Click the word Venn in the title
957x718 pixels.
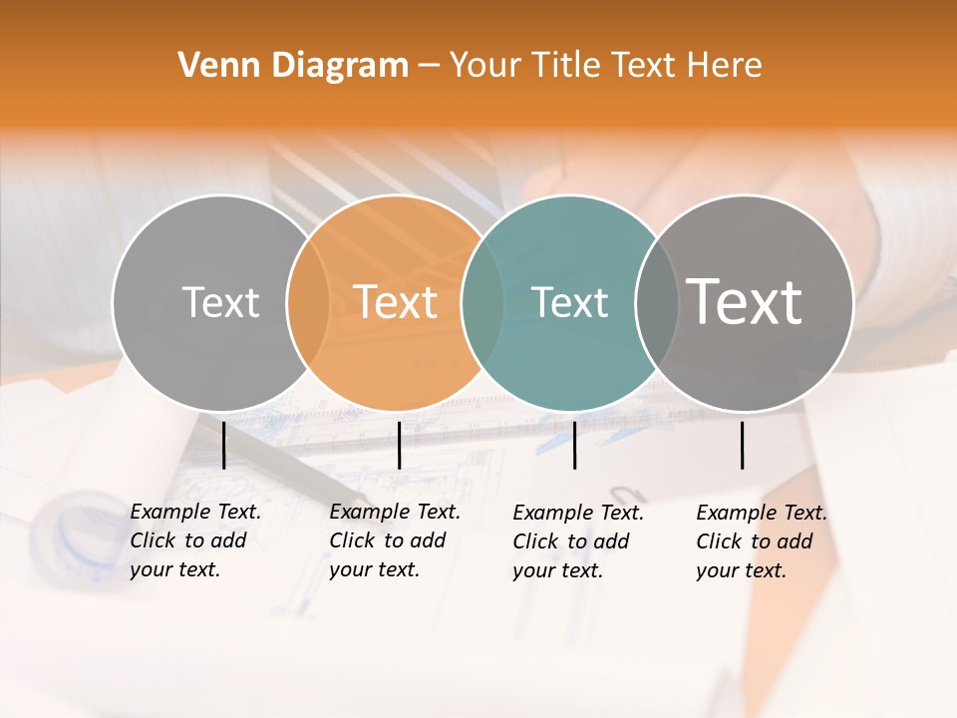coord(213,66)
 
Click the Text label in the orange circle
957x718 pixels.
coord(396,302)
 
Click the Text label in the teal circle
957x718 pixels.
coord(570,302)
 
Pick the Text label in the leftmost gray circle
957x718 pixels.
coord(221,302)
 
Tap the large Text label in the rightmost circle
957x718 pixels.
coord(745,301)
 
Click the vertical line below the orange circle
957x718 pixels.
coord(399,445)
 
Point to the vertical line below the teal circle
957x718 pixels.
coord(574,445)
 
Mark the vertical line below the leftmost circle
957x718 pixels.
coord(223,445)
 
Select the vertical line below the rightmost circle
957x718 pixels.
coord(742,445)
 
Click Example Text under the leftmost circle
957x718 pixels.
coord(195,512)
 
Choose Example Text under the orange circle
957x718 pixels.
coord(395,512)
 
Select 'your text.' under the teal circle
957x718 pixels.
coord(557,570)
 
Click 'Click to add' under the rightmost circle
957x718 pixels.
coord(754,541)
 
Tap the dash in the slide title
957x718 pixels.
coord(429,66)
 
